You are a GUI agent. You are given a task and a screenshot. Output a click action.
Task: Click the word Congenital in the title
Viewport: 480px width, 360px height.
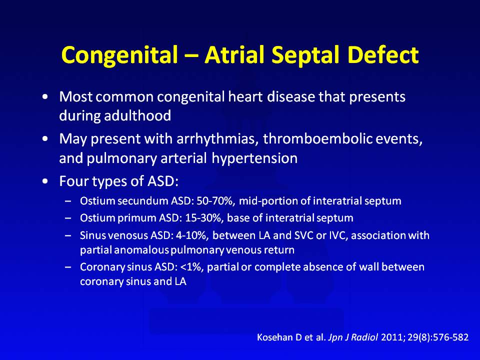tap(119, 55)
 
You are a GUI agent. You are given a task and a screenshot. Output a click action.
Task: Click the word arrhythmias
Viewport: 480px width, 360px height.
tap(216, 139)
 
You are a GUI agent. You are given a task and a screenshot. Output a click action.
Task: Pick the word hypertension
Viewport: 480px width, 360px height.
tap(254, 158)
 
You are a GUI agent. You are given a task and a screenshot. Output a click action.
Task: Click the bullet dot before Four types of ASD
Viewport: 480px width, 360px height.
tap(45, 181)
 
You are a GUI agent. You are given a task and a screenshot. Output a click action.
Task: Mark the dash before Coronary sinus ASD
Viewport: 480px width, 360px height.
tap(68, 267)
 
